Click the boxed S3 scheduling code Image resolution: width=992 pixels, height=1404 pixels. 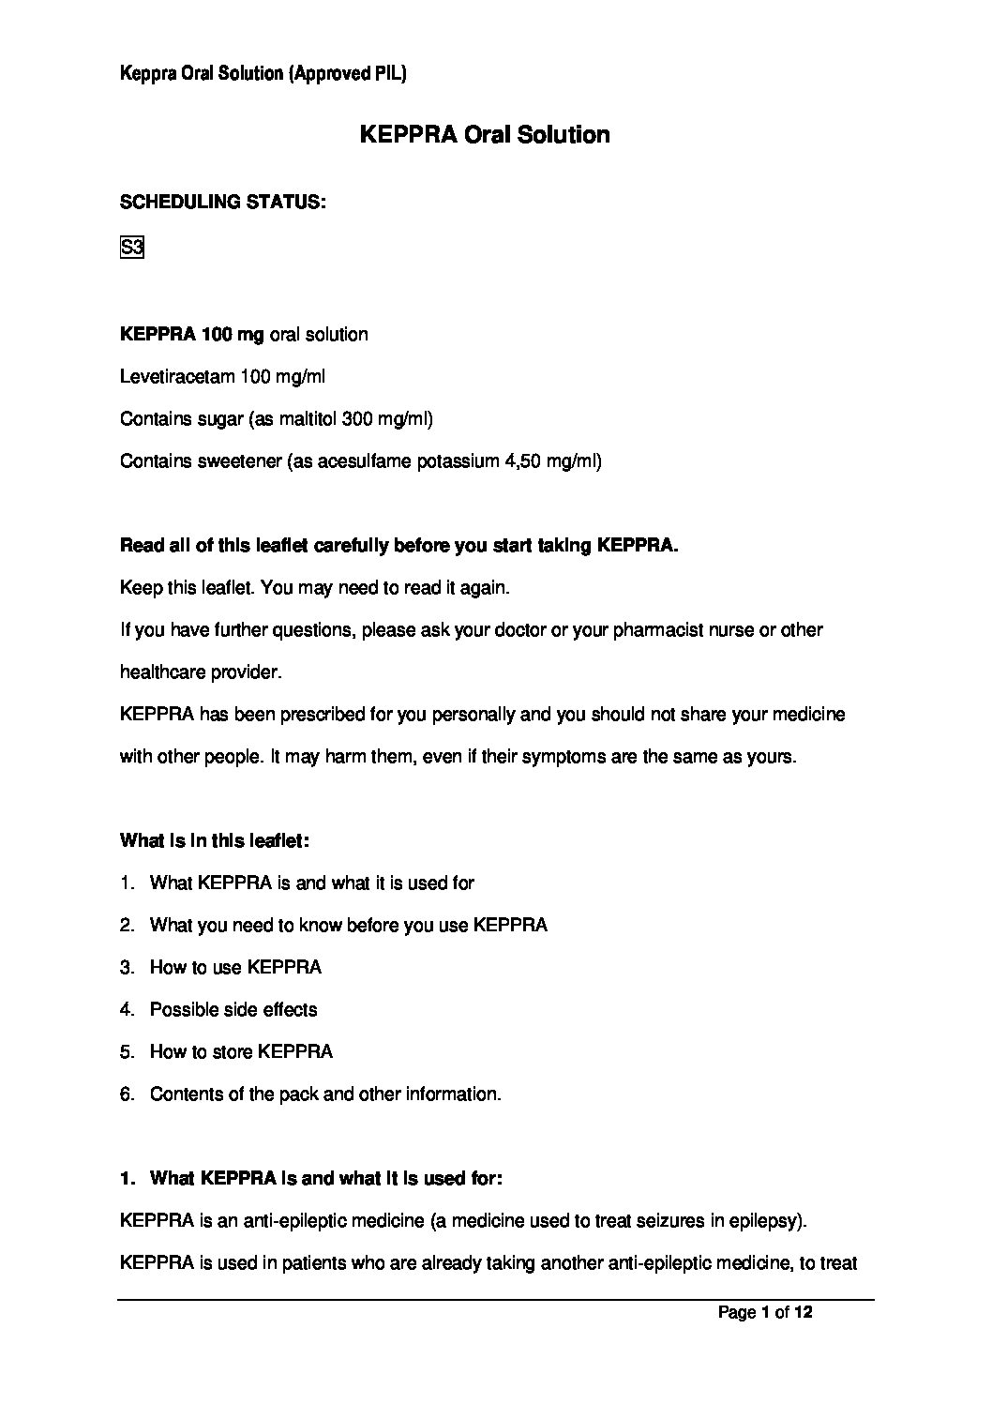pos(131,249)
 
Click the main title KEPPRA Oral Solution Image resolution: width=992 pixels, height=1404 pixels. pos(485,135)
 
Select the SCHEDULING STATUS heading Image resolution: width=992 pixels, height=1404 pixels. pos(223,202)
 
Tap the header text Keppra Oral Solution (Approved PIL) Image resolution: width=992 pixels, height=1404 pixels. pos(263,73)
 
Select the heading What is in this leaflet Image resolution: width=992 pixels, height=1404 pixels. pos(215,841)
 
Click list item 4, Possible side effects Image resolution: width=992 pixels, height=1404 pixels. pos(233,1010)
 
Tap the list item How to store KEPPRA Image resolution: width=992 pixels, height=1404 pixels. pos(241,1052)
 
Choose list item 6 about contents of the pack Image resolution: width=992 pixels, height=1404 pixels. pos(325,1095)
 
